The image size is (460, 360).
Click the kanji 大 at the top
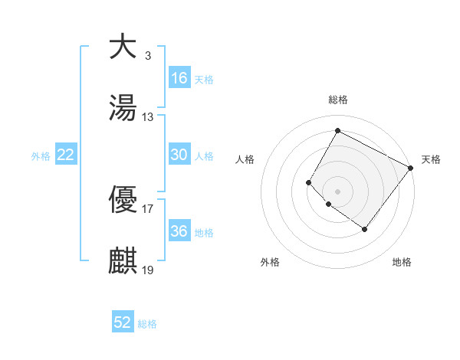pos(123,47)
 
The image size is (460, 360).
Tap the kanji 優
pos(123,200)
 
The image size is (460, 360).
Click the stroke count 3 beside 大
pos(147,56)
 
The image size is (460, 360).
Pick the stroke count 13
pos(147,117)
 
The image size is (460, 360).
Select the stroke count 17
pos(147,208)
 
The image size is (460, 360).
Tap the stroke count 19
pos(147,270)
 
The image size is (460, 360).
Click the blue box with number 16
pos(179,78)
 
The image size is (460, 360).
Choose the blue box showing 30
pos(179,155)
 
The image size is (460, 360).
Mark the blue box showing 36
pos(179,231)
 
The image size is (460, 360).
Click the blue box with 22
pos(66,155)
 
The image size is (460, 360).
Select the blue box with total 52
pos(123,322)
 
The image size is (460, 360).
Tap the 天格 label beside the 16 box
pos(204,80)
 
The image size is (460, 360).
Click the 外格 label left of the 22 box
pos(41,156)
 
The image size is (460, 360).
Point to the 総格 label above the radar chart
pos(338,100)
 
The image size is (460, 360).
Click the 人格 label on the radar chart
pos(245,159)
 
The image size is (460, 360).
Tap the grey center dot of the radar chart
pos(337,191)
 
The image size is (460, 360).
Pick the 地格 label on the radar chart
pos(402,262)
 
